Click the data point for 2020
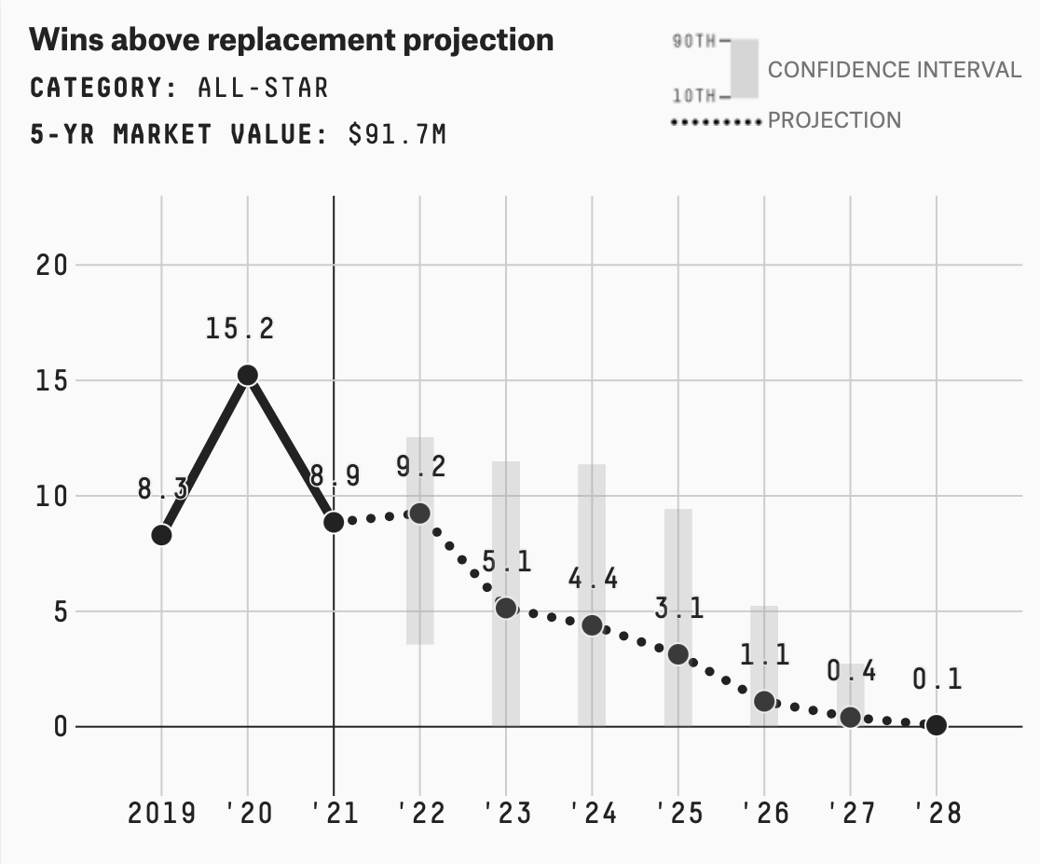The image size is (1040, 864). coord(247,375)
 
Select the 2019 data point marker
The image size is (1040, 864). coord(161,535)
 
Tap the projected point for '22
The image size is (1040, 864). coord(419,514)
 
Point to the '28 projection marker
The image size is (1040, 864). coord(937,725)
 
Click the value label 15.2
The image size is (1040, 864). coord(240,329)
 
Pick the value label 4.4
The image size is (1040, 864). coord(593,579)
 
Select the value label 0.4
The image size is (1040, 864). coord(851,671)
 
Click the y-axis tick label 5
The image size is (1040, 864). coord(60,611)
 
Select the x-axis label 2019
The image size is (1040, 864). coord(161,813)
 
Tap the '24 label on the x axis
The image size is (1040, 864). coord(593,813)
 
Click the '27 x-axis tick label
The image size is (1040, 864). coord(851,813)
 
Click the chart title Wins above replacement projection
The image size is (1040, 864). coord(292,40)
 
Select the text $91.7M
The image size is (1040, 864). coord(397,134)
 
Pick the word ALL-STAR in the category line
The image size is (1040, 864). coord(263,88)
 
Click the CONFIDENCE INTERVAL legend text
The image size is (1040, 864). coord(894,70)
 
